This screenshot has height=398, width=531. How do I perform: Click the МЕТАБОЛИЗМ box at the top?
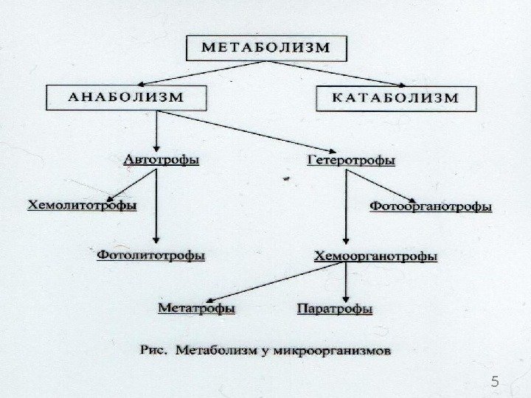click(x=265, y=49)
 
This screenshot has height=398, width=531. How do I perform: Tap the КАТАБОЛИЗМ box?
click(x=395, y=97)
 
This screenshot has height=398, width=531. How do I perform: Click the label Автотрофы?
click(x=159, y=159)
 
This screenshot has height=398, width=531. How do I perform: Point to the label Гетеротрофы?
click(x=350, y=159)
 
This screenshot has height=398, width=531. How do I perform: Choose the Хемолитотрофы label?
click(x=81, y=206)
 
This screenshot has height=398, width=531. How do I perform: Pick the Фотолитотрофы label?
click(x=151, y=255)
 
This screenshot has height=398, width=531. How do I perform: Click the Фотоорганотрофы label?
click(x=430, y=207)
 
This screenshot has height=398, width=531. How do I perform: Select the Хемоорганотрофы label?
click(x=375, y=256)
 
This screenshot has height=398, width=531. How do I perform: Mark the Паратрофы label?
click(x=334, y=308)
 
